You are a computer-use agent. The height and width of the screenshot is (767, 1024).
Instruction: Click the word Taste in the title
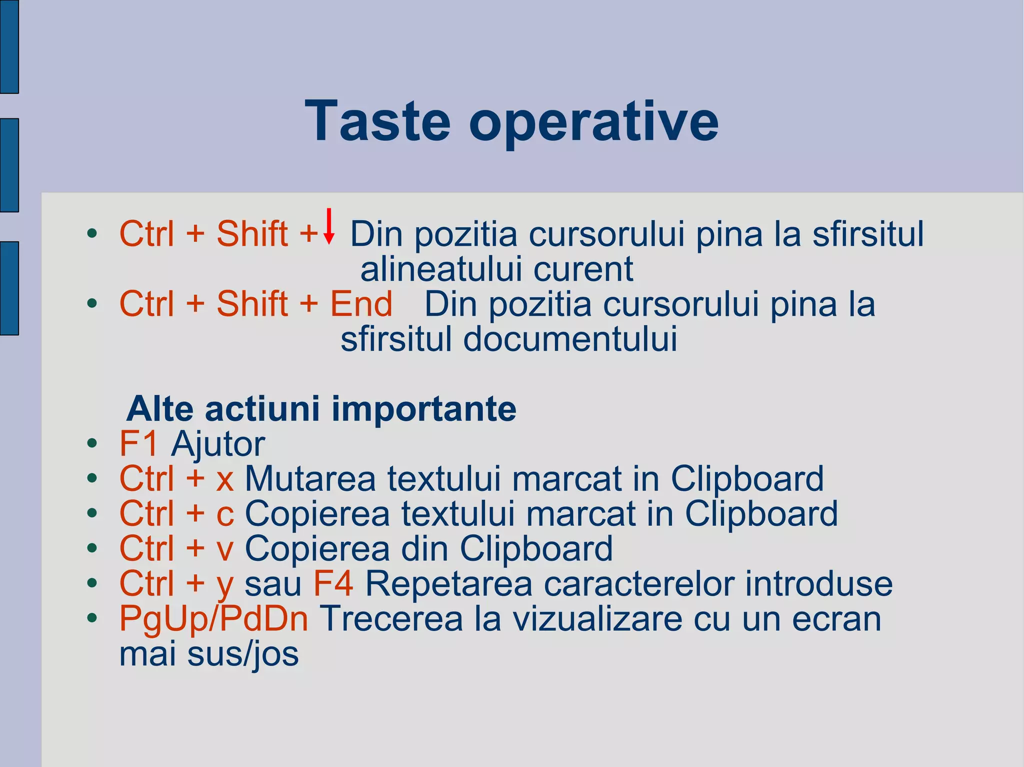[377, 121]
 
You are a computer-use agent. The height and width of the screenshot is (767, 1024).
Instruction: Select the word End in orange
[361, 304]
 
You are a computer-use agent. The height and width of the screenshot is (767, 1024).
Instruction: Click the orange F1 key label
[139, 444]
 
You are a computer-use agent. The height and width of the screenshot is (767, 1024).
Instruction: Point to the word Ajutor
[218, 445]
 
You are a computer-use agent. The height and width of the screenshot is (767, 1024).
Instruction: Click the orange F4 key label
[333, 584]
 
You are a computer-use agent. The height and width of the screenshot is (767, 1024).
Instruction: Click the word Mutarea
[310, 479]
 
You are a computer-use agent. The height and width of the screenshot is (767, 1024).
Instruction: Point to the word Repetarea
[448, 584]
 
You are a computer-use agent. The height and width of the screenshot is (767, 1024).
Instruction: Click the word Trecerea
[391, 619]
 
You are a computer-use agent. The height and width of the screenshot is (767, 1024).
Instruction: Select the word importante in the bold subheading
[423, 409]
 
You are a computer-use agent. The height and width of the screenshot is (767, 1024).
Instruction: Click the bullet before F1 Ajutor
[91, 444]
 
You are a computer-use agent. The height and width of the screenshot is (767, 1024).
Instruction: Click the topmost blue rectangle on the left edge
[9, 46]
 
